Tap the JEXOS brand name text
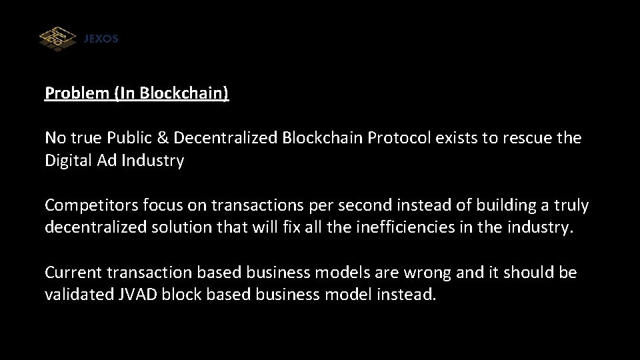(101, 39)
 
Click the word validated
(77, 294)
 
